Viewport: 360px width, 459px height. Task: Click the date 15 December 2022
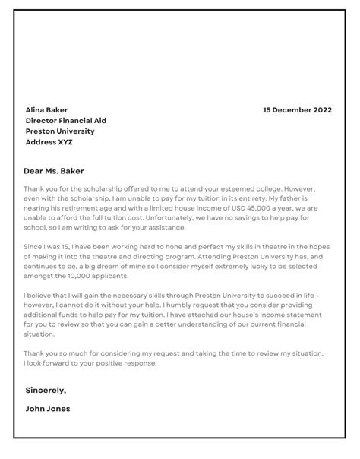coord(298,109)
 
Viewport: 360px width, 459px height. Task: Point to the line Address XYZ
coord(50,141)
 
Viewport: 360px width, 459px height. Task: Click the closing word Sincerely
coord(46,390)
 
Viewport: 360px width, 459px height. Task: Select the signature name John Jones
coord(48,408)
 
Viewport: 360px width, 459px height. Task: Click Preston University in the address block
coord(60,131)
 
